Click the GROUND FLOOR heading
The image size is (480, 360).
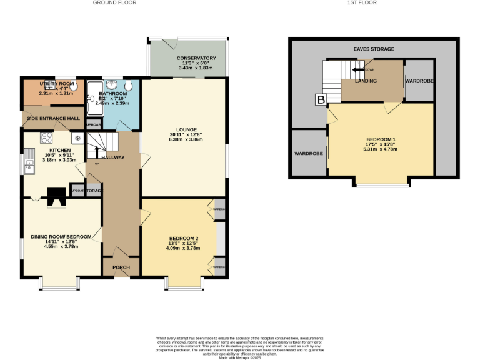[x=114, y=2]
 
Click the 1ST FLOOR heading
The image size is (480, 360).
[x=362, y=2]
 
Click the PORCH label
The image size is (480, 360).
[x=121, y=267]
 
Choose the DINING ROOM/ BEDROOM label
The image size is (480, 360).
[x=61, y=237]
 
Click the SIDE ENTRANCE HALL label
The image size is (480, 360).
[x=52, y=118]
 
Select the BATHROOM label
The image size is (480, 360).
[x=112, y=93]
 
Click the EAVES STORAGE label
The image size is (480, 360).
[x=373, y=49]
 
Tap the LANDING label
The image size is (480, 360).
[x=366, y=81]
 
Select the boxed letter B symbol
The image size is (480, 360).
[x=321, y=99]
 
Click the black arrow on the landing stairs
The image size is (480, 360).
[x=359, y=69]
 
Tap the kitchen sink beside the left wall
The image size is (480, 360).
[x=29, y=166]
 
